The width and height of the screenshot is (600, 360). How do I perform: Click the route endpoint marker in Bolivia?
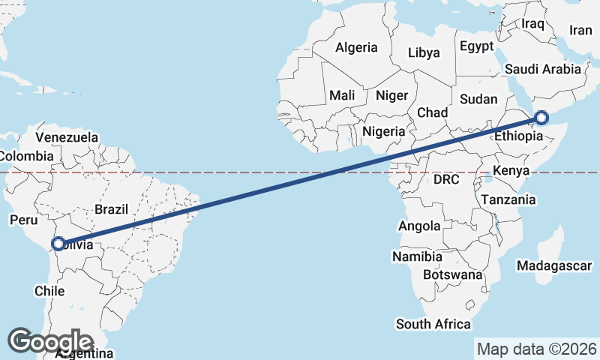(x=58, y=243)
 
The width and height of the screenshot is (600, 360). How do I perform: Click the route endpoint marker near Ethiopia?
(x=541, y=118)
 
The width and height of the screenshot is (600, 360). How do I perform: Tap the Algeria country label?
(x=356, y=47)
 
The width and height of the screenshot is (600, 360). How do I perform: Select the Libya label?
(x=424, y=53)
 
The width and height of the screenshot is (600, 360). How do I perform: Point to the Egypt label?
(x=477, y=46)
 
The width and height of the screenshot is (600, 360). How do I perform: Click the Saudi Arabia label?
(x=543, y=69)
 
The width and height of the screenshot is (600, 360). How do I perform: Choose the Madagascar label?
(x=554, y=265)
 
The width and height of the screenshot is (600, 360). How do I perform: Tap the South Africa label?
(x=433, y=324)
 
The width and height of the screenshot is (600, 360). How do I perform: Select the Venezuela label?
(x=67, y=138)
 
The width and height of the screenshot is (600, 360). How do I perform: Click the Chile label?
(x=49, y=290)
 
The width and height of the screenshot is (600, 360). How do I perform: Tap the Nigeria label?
(x=383, y=131)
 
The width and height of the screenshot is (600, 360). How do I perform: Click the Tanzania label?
(x=508, y=199)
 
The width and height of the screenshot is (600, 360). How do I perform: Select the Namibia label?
(x=417, y=256)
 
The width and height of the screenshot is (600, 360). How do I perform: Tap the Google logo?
(x=51, y=341)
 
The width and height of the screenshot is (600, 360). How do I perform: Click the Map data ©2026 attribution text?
(x=536, y=349)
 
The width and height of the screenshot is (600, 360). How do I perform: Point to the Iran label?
(x=581, y=30)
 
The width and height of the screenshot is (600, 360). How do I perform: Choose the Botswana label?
(x=452, y=275)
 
